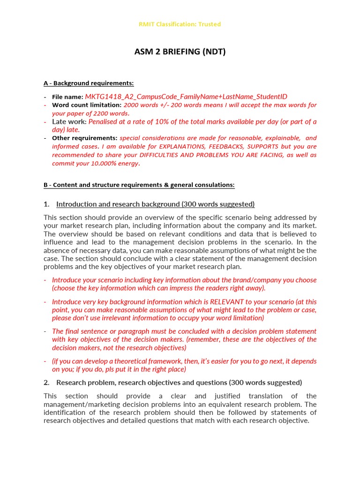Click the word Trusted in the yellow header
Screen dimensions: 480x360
tap(210, 24)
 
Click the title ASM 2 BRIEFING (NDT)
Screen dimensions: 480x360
tap(180, 52)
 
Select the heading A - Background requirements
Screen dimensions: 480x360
tap(89, 83)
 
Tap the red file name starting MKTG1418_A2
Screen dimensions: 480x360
tap(186, 97)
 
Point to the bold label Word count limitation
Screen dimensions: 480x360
tap(87, 105)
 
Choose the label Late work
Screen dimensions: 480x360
tap(69, 121)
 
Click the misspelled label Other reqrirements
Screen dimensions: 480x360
tap(84, 138)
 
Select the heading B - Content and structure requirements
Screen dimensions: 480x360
tap(139, 185)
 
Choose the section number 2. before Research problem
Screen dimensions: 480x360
tap(46, 382)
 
